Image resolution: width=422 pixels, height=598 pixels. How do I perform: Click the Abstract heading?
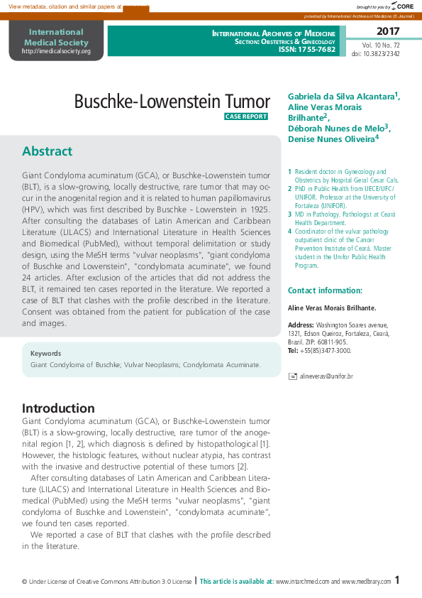[x=47, y=151]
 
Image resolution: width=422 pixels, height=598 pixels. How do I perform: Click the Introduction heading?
[x=58, y=408]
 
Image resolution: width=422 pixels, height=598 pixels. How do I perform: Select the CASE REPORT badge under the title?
[x=246, y=116]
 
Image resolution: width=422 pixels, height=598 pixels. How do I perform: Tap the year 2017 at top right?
[x=388, y=31]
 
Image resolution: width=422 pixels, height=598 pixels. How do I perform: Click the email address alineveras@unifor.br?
[x=326, y=376]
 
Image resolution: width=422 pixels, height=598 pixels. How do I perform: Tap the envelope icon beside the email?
[x=292, y=376]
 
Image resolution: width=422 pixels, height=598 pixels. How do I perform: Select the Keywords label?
[x=45, y=353]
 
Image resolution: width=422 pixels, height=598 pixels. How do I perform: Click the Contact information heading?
[x=325, y=290]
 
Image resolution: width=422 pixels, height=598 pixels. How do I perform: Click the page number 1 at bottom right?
[x=397, y=580]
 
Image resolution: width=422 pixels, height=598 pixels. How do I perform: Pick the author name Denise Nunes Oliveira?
[x=331, y=139]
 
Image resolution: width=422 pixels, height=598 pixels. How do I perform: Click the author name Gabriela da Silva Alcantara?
[x=341, y=96]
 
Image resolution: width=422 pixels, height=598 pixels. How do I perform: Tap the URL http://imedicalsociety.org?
[x=56, y=51]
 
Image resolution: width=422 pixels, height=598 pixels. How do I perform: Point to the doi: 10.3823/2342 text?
[x=375, y=54]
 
